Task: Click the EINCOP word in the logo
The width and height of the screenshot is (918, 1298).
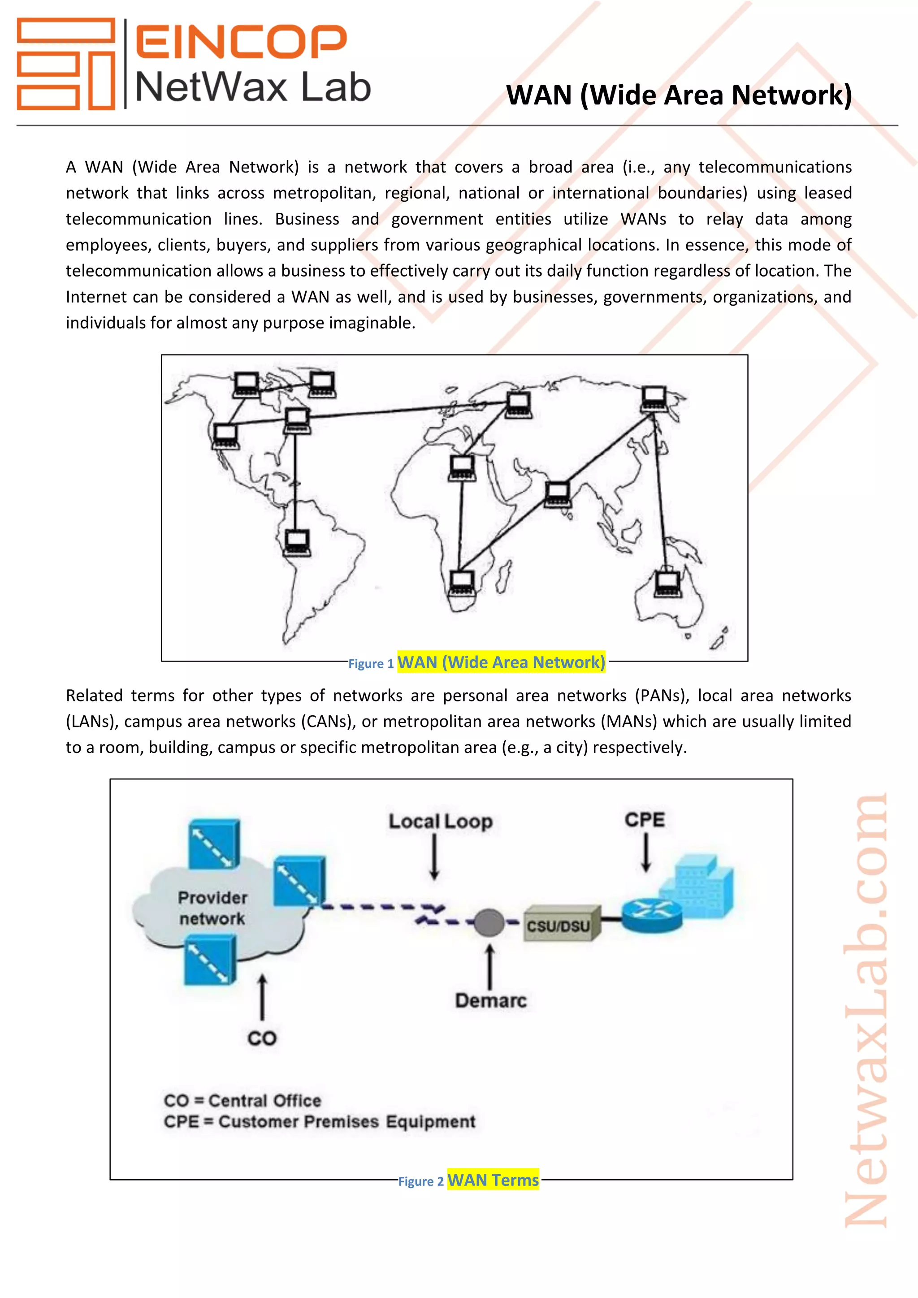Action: [x=241, y=42]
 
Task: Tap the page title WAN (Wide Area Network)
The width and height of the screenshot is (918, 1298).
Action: [x=678, y=95]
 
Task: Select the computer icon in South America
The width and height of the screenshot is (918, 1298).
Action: [x=297, y=543]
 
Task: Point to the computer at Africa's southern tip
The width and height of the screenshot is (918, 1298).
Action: [x=462, y=583]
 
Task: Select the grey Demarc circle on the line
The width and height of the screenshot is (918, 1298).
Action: [x=489, y=922]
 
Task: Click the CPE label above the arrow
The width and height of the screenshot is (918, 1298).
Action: [x=645, y=820]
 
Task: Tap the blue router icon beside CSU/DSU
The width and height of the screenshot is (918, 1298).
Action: [x=652, y=915]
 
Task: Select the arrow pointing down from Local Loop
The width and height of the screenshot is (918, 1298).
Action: [x=434, y=857]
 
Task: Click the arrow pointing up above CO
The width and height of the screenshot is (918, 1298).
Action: [x=262, y=997]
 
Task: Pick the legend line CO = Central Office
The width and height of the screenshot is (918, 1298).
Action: [x=242, y=1100]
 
